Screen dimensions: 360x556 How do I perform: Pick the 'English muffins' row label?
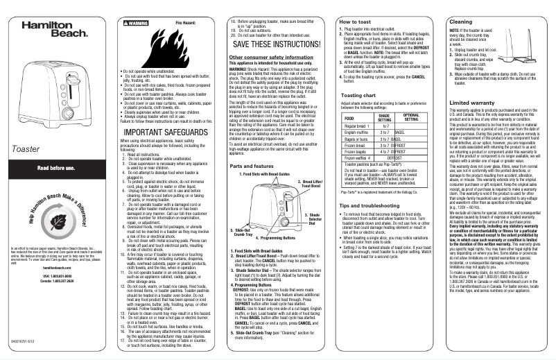tap(360, 151)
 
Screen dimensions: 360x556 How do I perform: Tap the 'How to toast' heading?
tap(356, 23)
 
